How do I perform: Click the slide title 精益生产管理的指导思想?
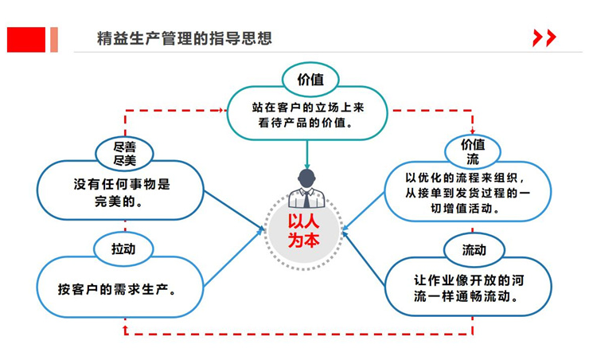[x=183, y=38]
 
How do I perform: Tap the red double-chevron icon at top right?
[x=544, y=37]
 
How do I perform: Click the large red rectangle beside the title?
[x=26, y=39]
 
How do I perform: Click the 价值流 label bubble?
[x=473, y=151]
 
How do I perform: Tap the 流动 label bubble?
[x=474, y=249]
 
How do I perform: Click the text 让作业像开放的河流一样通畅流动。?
[x=467, y=288]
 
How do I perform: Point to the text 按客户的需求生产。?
[x=117, y=288]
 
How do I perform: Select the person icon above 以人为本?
[x=306, y=189]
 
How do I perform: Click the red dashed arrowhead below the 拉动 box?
[x=125, y=327]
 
